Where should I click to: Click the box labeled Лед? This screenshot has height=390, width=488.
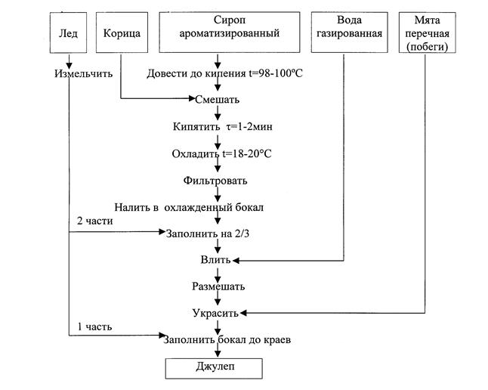pos(69,33)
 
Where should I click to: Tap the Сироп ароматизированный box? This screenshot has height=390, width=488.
pos(218,33)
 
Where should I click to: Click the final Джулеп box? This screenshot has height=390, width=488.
pos(214,367)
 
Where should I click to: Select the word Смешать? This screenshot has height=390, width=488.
pos(217,99)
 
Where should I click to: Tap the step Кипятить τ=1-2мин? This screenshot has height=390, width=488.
pos(217,126)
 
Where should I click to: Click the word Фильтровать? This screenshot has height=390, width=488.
pos(215,181)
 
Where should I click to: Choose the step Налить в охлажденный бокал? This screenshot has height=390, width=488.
pos(190,207)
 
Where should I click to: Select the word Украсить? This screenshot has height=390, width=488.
pos(215,312)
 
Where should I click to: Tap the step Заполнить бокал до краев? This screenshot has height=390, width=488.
pos(227,339)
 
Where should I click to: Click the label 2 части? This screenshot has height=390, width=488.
pos(94,221)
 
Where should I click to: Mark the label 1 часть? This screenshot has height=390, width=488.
pos(94,327)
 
